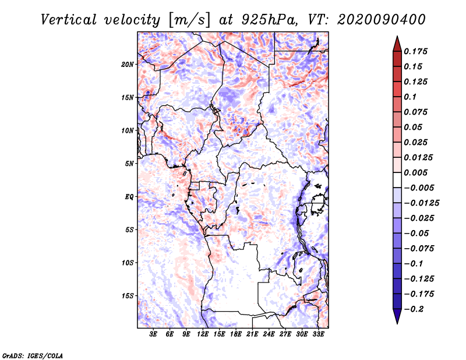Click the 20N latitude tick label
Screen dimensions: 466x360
point(127,64)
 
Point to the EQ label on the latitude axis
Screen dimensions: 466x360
point(129,197)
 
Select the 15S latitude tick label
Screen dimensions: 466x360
point(127,296)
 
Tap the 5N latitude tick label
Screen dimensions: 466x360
point(129,164)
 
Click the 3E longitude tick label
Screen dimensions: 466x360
point(153,334)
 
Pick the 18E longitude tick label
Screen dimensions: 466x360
point(236,334)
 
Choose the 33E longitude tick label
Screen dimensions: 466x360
point(318,334)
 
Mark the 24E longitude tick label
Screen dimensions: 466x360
point(269,334)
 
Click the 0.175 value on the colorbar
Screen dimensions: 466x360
point(415,51)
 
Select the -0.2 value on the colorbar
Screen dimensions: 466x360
point(414,309)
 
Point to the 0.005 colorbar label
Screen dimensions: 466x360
point(415,172)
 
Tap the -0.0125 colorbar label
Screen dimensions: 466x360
point(421,203)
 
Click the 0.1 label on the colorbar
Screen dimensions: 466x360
point(410,97)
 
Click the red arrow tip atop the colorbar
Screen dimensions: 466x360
point(397,37)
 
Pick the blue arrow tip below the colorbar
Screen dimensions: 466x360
point(397,323)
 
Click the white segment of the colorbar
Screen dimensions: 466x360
point(397,180)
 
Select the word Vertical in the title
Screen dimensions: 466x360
point(69,20)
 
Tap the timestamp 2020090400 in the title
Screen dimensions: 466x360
point(382,20)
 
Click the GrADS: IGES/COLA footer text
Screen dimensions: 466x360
point(33,355)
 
